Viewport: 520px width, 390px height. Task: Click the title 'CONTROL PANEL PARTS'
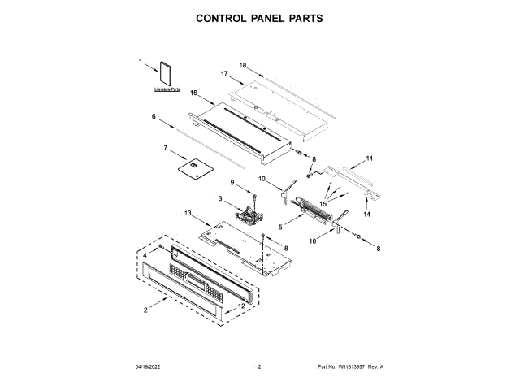tap(260, 16)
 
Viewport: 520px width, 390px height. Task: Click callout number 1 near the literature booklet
tap(140, 61)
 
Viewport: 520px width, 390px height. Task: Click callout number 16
tap(194, 93)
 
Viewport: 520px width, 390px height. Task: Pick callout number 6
tap(153, 117)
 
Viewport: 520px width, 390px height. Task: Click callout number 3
tap(220, 198)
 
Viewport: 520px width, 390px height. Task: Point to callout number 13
tap(188, 213)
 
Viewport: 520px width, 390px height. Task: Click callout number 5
tap(281, 227)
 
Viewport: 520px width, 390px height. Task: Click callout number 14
tap(366, 214)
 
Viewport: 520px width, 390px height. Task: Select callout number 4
tap(146, 255)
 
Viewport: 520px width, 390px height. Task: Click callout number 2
tap(145, 310)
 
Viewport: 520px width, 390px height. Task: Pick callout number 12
tap(240, 306)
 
